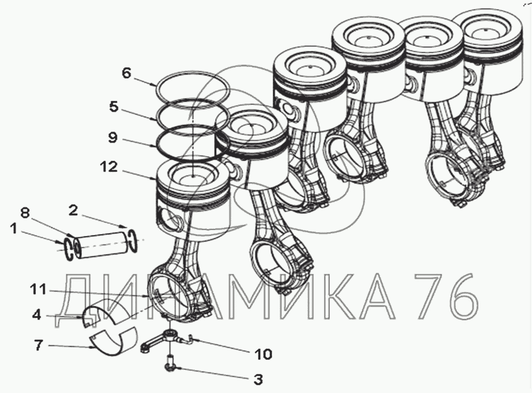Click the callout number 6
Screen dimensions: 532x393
pos(126,73)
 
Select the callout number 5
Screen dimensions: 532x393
pos(114,106)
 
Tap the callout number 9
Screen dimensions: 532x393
pos(113,138)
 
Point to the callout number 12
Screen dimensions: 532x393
pos(109,167)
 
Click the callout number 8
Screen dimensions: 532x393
pos(25,213)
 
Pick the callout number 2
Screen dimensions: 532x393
pos(73,210)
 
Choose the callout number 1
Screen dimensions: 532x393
pos(13,229)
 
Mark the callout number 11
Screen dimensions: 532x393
pos(38,289)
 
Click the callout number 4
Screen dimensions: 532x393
pos(36,314)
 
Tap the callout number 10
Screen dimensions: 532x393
pos(263,354)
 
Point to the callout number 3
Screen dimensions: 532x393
pos(258,380)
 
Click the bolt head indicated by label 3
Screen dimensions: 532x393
pos(169,367)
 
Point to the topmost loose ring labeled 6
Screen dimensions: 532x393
pos(157,89)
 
